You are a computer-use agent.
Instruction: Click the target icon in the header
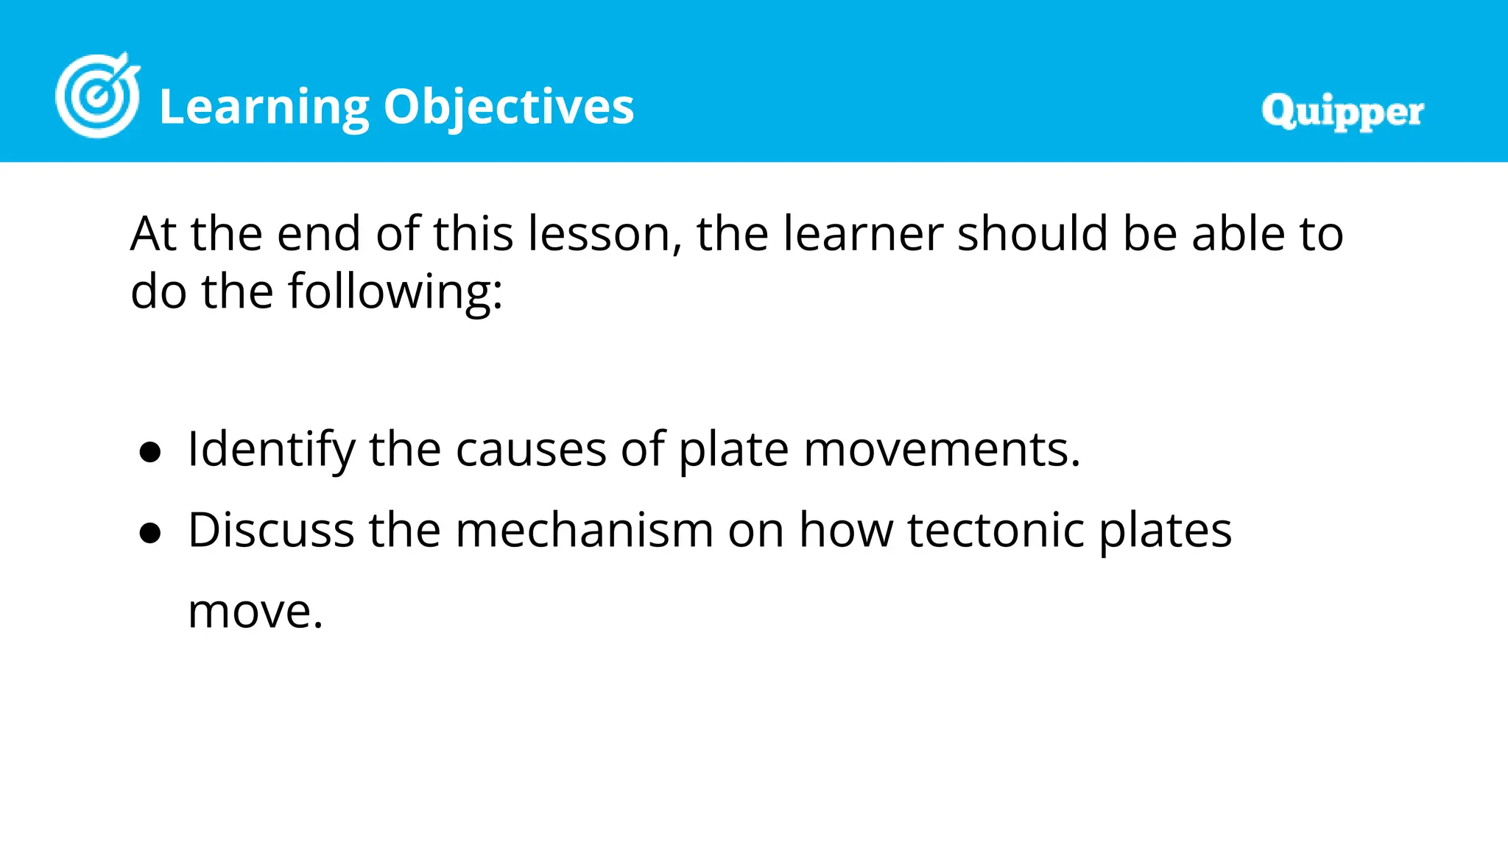[x=97, y=96]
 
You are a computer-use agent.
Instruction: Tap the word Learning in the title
[x=264, y=107]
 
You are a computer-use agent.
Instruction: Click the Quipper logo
[x=1342, y=112]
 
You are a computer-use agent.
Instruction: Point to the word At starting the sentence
[x=153, y=234]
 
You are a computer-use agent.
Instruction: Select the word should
[x=1032, y=234]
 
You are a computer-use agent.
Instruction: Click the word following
[x=395, y=291]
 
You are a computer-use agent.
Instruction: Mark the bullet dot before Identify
[x=150, y=452]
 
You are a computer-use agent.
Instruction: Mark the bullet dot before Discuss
[x=150, y=533]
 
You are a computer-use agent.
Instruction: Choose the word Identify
[x=271, y=450]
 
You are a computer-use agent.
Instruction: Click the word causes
[x=531, y=450]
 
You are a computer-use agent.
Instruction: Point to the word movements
[x=942, y=450]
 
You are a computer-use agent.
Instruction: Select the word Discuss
[x=271, y=530]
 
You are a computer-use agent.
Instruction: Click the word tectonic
[x=996, y=530]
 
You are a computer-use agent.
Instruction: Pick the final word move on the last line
[x=255, y=612]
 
